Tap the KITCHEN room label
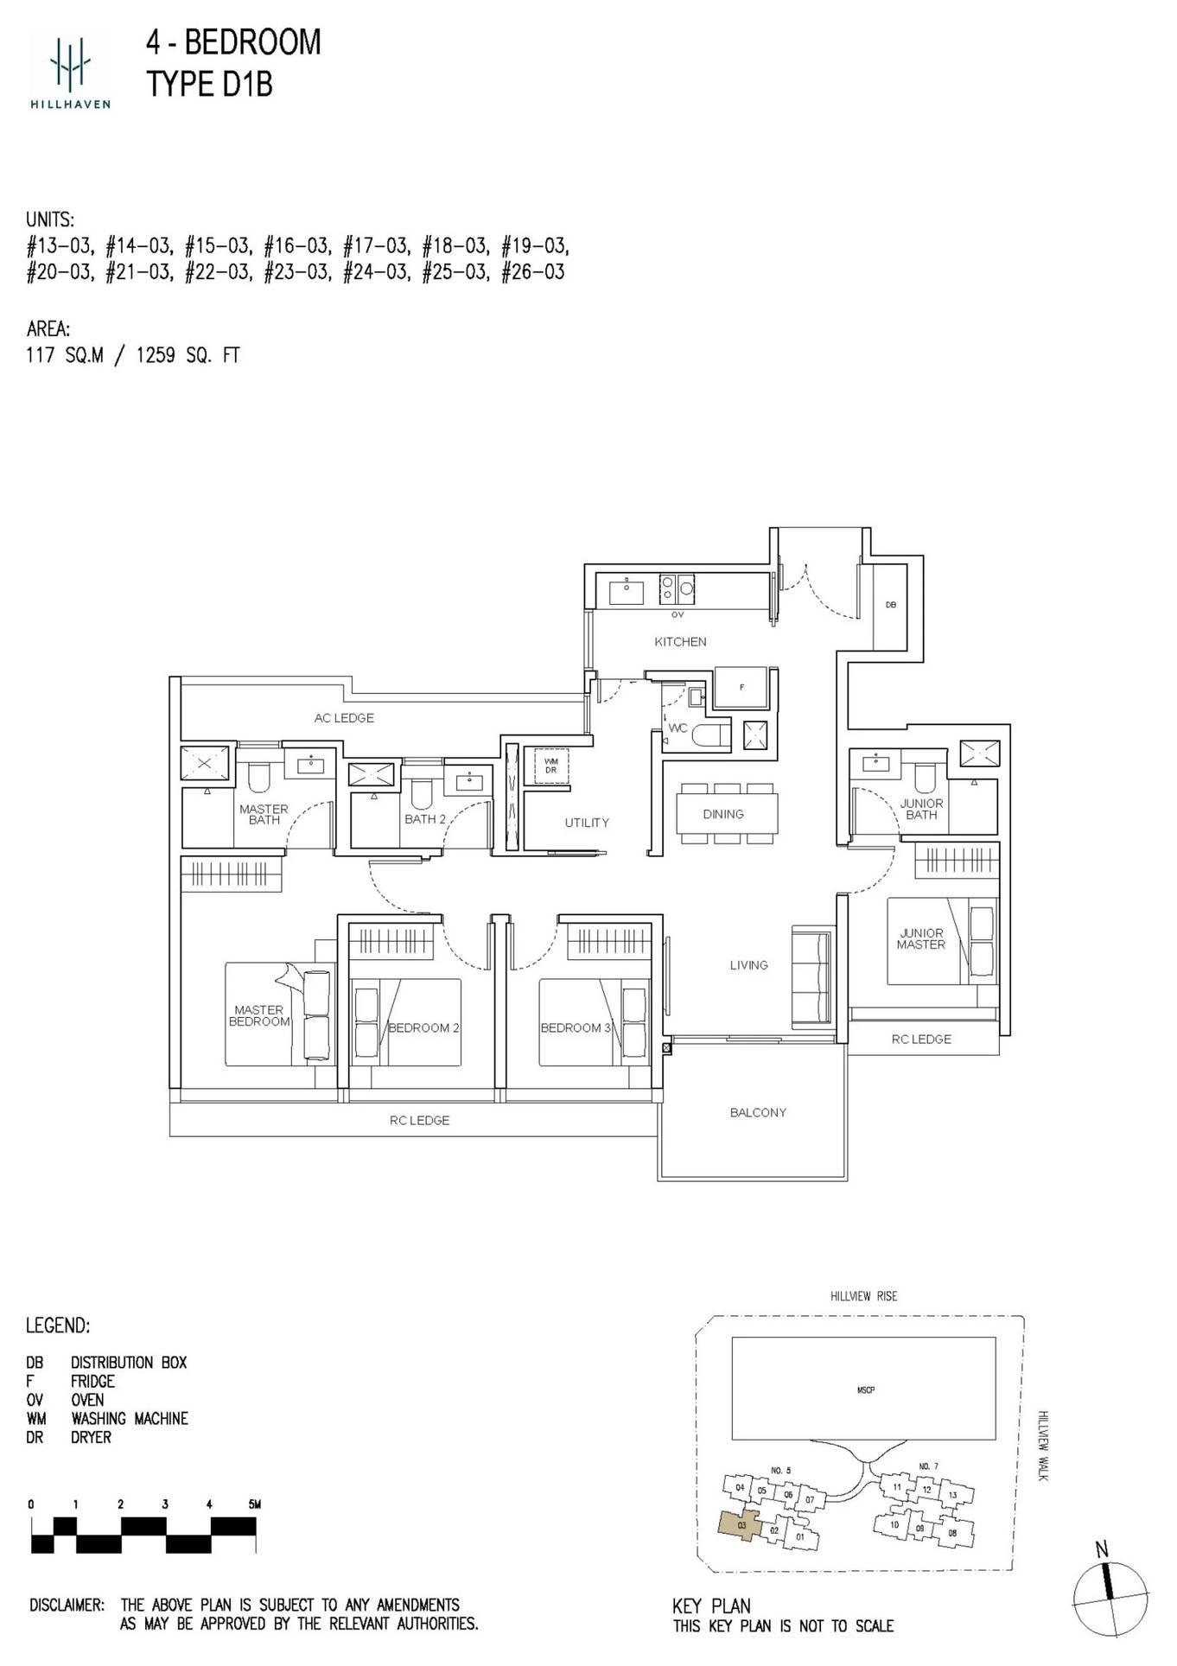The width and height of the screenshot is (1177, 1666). pos(680,642)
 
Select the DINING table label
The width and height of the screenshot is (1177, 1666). pos(722,814)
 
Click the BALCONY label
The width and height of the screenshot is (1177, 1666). pos(758,1112)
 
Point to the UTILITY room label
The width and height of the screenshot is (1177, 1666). pos(587,823)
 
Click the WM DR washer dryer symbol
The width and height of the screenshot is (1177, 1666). pos(550,766)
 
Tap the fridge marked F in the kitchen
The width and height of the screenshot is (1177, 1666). pos(741,688)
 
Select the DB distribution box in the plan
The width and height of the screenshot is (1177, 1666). pos(890,605)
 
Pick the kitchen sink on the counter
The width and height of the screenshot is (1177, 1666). pos(626,591)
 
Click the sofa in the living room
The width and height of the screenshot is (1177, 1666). pos(812,977)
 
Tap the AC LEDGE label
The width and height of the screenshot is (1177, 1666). pos(344,718)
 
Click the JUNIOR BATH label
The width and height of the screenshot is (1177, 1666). pos(921,809)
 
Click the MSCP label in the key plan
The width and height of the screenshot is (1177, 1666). pos(865,1389)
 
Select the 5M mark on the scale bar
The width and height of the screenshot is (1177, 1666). pos(254,1504)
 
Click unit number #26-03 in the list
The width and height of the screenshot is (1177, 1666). pos(533,272)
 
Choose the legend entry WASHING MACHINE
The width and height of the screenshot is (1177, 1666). pos(130,1418)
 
